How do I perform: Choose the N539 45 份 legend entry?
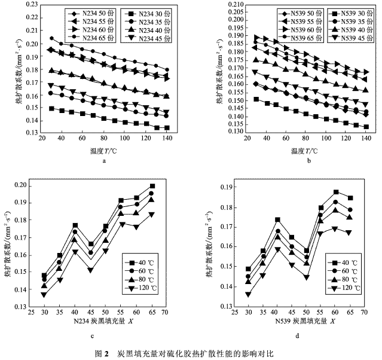click(x=349, y=37)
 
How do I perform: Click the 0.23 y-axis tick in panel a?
click(x=28, y=4)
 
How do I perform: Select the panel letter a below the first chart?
click(x=104, y=160)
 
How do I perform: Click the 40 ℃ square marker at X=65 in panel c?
click(x=152, y=186)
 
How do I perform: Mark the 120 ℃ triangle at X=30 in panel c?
click(x=44, y=295)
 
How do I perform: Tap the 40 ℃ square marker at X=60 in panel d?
click(x=336, y=192)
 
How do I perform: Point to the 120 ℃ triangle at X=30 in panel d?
click(x=249, y=294)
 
